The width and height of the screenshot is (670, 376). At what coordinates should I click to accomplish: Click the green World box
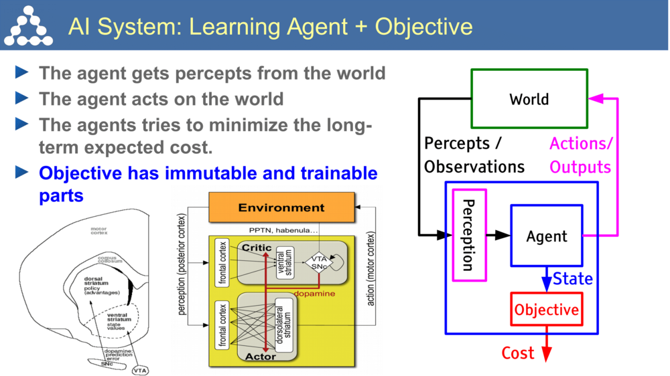[x=529, y=99]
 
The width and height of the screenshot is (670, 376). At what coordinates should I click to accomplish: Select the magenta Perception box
[x=469, y=235]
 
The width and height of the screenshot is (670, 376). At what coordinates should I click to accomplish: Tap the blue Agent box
[x=546, y=236]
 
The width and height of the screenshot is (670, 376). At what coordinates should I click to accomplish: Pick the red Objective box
[x=546, y=310]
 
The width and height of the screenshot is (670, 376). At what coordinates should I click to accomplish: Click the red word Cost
[x=518, y=353]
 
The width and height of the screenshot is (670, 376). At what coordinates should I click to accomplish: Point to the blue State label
[x=573, y=278]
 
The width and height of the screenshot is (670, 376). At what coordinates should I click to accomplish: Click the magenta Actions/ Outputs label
[x=580, y=155]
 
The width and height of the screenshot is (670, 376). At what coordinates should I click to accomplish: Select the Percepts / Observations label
[x=473, y=155]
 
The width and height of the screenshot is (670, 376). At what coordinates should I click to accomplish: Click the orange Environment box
[x=281, y=207]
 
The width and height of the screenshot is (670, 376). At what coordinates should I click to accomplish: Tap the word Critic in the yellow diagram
[x=257, y=248]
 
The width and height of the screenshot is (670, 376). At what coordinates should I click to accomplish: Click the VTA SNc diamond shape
[x=318, y=262]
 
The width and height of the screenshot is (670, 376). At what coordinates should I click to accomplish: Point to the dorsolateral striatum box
[x=283, y=324]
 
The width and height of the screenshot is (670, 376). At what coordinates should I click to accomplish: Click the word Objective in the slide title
[x=423, y=26]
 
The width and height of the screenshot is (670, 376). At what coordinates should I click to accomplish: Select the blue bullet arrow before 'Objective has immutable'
[x=22, y=173]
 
